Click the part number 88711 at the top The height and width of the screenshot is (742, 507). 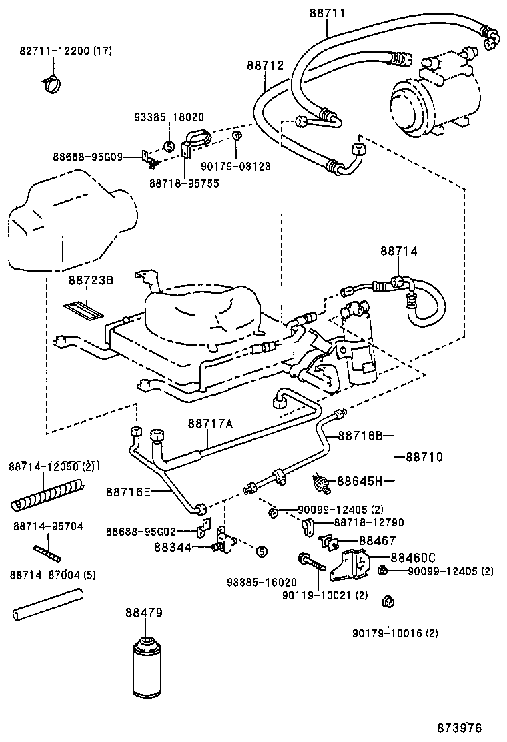[327, 13]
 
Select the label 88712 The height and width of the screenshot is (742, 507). [265, 65]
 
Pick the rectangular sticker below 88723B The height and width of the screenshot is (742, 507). [83, 309]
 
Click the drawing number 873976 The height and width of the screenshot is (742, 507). [460, 727]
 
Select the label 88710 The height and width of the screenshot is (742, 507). [424, 457]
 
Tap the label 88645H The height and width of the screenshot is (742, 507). [359, 480]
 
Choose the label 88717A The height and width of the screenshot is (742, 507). [210, 422]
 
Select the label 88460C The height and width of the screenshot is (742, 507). [413, 557]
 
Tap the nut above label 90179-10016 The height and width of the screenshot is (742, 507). [386, 603]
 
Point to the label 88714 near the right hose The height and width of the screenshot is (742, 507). [399, 251]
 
